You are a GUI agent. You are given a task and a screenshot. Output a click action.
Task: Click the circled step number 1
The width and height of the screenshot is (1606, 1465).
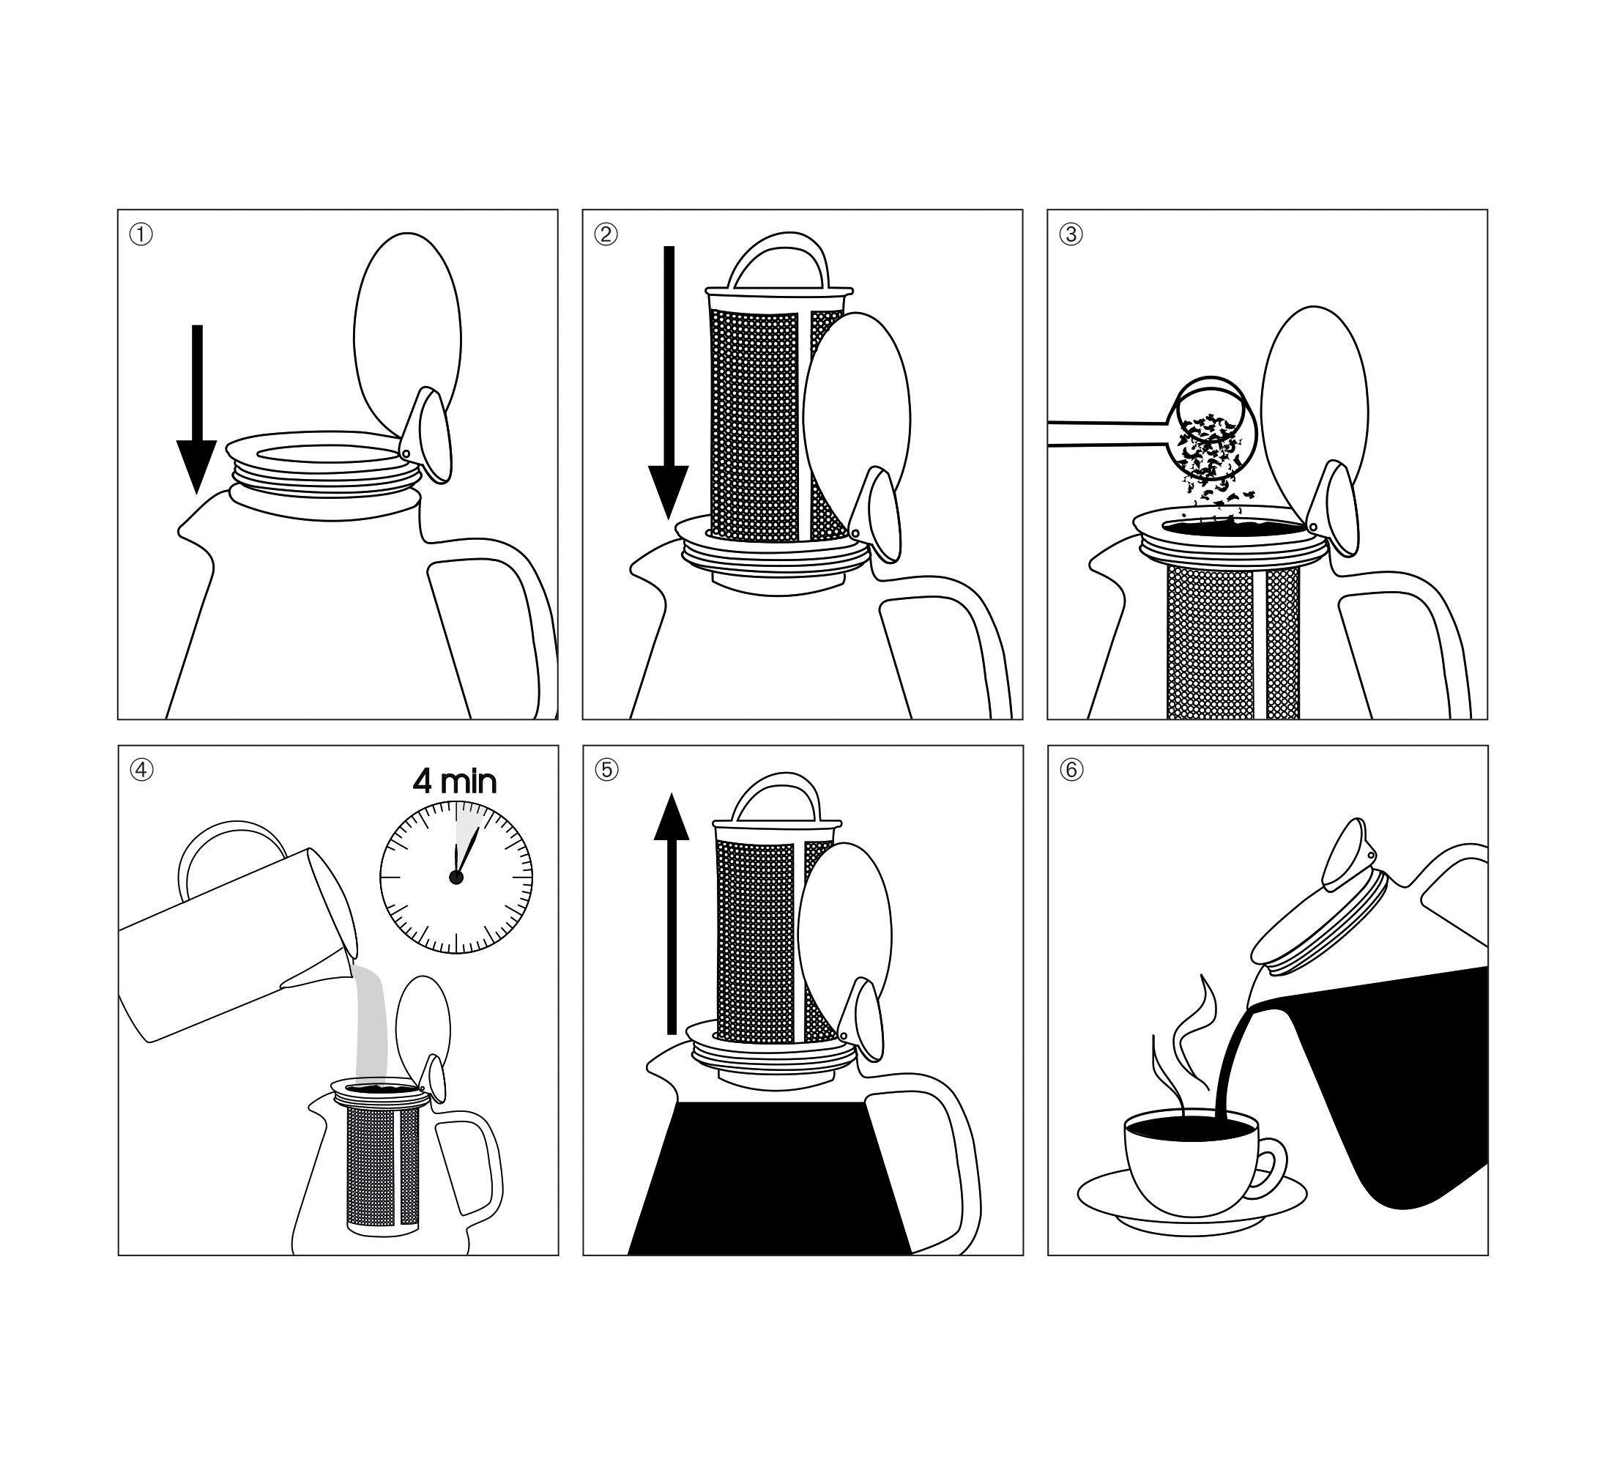[x=141, y=235]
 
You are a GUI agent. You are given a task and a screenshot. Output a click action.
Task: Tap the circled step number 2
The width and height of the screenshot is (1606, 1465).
[x=606, y=234]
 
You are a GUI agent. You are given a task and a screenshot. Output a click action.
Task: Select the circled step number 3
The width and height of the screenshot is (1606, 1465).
[x=1071, y=234]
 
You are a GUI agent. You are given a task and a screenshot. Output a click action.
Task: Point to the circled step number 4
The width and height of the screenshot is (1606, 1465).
[x=142, y=771]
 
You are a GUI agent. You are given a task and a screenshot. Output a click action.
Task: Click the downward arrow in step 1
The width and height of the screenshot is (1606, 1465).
[x=197, y=409]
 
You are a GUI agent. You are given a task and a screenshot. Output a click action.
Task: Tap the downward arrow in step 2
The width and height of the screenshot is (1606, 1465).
[x=669, y=382]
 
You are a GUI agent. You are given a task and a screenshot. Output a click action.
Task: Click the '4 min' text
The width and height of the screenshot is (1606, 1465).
[x=455, y=782]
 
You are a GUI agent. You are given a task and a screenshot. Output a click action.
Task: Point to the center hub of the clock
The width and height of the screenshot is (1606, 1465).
[x=456, y=877]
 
